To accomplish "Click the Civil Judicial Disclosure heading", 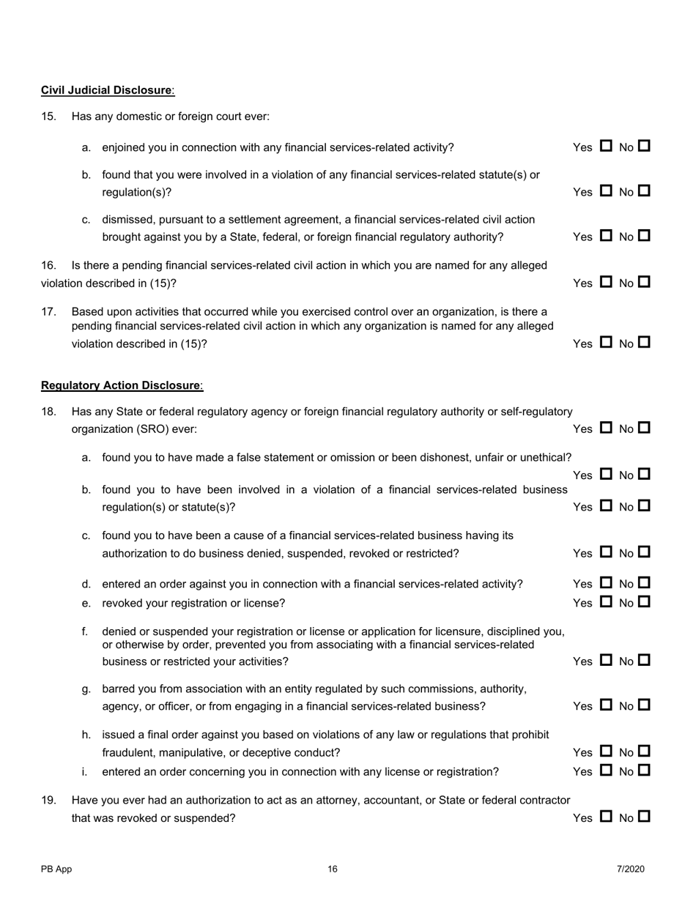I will tap(107, 90).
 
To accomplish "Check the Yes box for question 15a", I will tap(606, 147).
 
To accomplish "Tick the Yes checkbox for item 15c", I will tap(606, 236).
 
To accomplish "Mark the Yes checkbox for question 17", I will tap(606, 342).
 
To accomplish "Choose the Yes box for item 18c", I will tap(606, 552).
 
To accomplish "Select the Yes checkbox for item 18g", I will tap(606, 705).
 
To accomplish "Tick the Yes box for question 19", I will tap(606, 817).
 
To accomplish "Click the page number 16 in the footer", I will tap(333, 870).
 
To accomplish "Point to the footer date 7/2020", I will tap(630, 870).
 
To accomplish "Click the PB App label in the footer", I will tap(56, 870).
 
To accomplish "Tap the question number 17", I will tap(48, 311).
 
